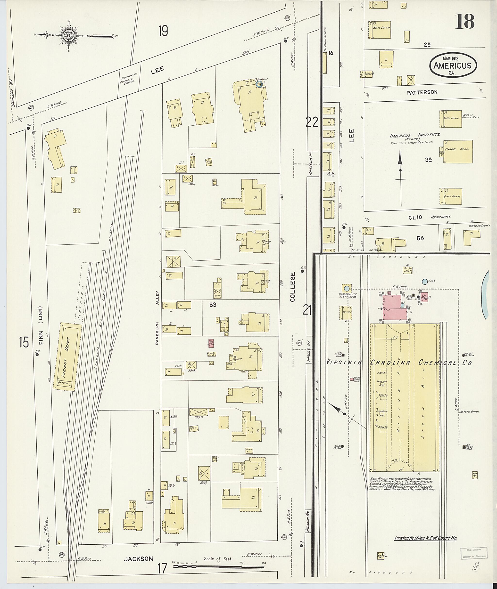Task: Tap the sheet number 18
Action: click(x=465, y=21)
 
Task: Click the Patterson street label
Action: click(x=422, y=92)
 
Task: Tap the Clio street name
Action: click(x=415, y=217)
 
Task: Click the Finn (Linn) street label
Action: click(x=42, y=325)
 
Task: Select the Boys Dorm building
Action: click(x=379, y=29)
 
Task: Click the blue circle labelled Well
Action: click(x=425, y=281)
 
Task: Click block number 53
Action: click(x=213, y=304)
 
